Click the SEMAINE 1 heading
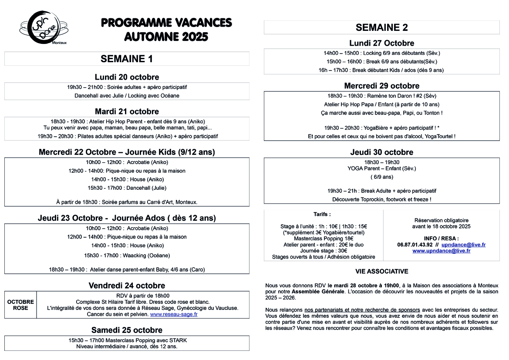click(127, 59)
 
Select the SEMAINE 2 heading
click(381, 27)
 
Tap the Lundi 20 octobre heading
click(127, 77)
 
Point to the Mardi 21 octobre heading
click(127, 111)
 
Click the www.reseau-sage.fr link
click(173, 314)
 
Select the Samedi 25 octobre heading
click(127, 330)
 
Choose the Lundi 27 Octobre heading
click(381, 43)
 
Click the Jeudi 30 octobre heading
click(381, 152)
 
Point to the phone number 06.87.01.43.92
click(415, 245)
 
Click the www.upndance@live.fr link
click(441, 251)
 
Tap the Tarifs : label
click(322, 214)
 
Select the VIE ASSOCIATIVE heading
click(381, 271)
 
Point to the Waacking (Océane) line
click(127, 255)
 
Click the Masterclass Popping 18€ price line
click(324, 239)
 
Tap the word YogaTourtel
click(439, 136)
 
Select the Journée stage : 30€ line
click(324, 251)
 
